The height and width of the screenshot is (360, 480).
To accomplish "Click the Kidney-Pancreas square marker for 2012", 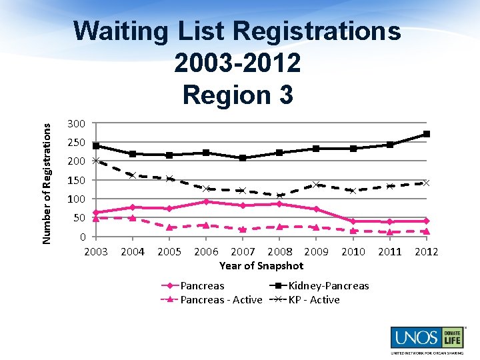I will click(426, 134).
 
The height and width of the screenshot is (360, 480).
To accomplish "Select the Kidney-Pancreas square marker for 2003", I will click(96, 146).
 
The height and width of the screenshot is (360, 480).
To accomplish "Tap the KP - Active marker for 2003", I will click(96, 160).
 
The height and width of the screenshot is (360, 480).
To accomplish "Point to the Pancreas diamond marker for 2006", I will click(206, 201).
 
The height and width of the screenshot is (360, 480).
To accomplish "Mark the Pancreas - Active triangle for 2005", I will click(169, 227).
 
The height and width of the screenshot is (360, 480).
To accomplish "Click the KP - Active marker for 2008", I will click(279, 195).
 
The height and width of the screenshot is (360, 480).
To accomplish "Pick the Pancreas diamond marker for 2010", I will click(353, 221).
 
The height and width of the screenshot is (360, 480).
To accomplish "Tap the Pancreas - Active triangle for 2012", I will click(426, 231).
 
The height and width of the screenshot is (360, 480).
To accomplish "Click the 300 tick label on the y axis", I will click(76, 124).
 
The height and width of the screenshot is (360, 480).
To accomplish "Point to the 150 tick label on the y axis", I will click(76, 180).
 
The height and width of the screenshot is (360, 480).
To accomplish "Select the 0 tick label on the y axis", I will click(81, 237).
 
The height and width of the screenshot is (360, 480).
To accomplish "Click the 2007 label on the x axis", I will click(243, 252).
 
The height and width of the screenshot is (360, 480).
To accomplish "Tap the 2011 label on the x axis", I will click(389, 252).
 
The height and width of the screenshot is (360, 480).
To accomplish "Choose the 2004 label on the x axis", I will click(133, 252).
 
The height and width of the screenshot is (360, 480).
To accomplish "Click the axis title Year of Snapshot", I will click(261, 265).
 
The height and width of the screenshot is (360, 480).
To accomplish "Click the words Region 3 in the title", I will click(237, 95).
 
